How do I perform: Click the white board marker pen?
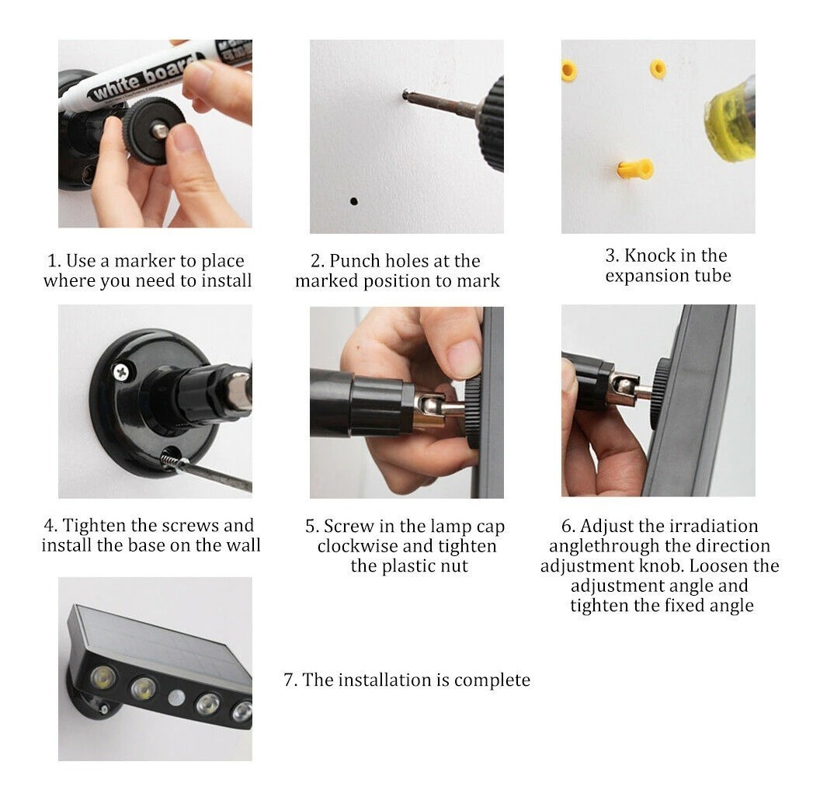157,72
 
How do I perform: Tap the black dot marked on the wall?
354,201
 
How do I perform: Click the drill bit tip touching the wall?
406,94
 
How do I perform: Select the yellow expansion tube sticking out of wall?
635,169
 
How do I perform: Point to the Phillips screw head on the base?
121,372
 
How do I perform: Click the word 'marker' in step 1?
145,260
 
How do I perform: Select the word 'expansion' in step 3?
646,276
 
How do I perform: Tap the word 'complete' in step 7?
492,680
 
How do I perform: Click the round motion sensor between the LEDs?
176,698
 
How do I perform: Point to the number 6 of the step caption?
566,526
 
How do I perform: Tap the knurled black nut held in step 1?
154,130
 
